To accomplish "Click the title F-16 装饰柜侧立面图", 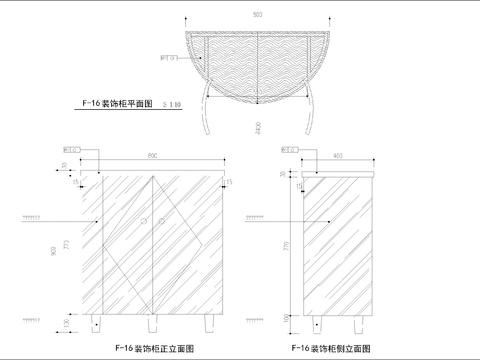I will click(329, 347).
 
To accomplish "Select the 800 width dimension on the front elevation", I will click(153, 157).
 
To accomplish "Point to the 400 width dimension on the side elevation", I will click(338, 157).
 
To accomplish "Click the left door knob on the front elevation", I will click(144, 217).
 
